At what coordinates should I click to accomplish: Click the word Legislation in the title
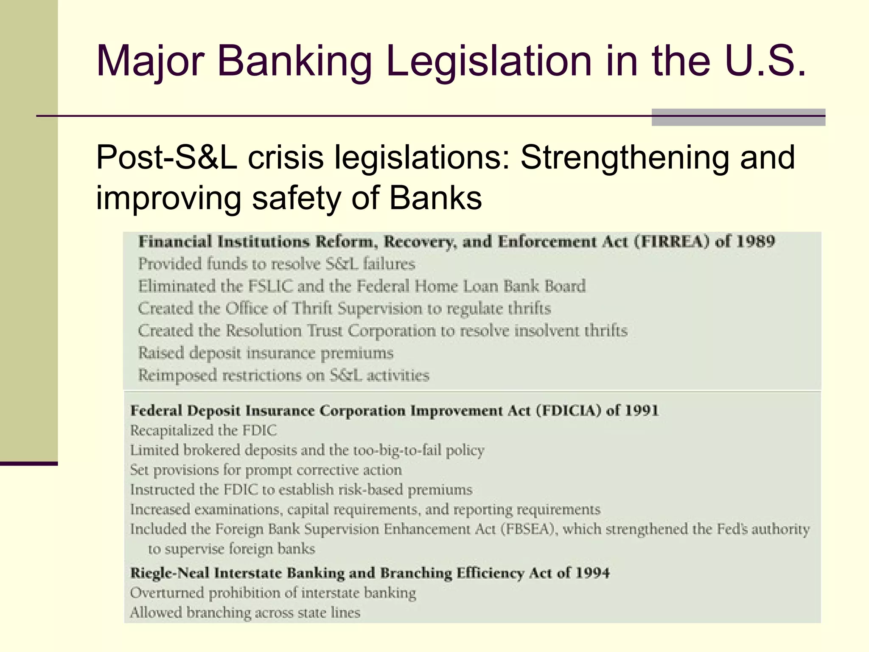tap(488, 62)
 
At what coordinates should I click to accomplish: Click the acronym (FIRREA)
tap(672, 242)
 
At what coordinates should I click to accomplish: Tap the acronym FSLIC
tap(270, 286)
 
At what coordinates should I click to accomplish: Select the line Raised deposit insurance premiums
tap(266, 353)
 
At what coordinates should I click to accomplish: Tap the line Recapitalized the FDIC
tap(203, 430)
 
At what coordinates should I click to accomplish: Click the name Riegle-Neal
tap(170, 573)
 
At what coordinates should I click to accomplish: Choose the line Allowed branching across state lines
tap(245, 613)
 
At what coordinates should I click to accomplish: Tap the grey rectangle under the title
tap(738, 117)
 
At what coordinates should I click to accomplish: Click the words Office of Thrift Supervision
tap(323, 309)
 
